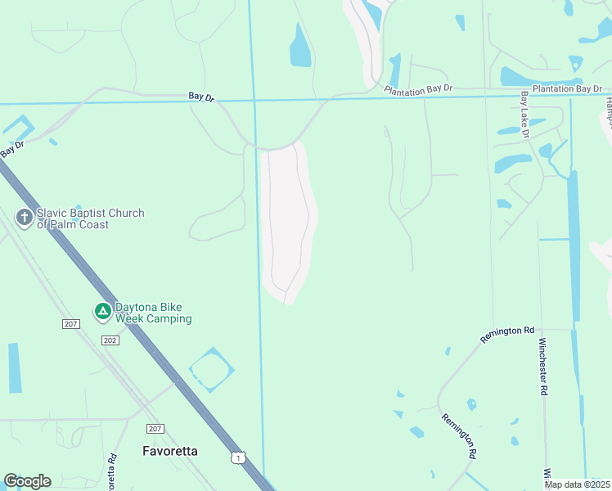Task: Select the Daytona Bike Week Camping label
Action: tap(152, 313)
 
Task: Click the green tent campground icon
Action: tap(102, 311)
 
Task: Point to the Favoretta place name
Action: tap(170, 451)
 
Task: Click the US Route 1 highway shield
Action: tap(236, 457)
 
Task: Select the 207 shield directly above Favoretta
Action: tap(155, 429)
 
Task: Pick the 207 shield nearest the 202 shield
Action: tap(71, 324)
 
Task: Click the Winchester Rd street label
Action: tap(542, 367)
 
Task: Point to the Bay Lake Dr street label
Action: tap(524, 112)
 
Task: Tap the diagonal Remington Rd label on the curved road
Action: tap(459, 435)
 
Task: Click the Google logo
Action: tap(27, 481)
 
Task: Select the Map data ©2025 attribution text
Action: tap(576, 484)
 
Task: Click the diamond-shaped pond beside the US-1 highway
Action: tap(212, 370)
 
